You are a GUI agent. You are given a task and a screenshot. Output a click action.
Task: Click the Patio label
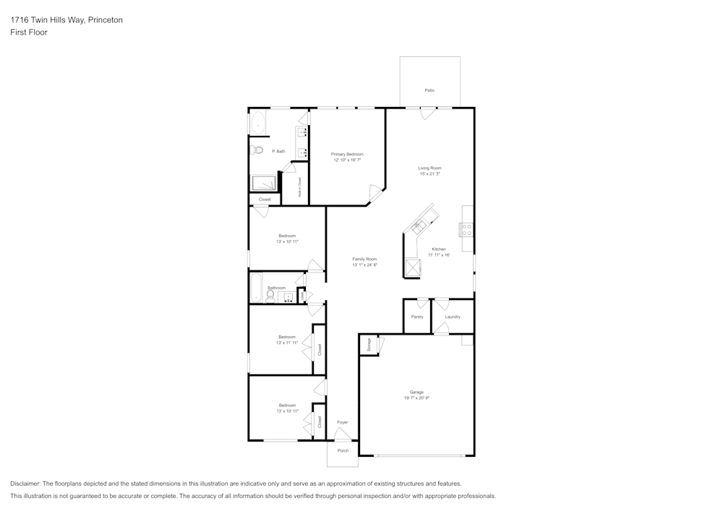(x=429, y=90)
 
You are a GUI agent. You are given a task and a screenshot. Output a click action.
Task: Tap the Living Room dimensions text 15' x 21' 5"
(x=429, y=174)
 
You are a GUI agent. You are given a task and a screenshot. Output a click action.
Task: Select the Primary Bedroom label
(x=347, y=154)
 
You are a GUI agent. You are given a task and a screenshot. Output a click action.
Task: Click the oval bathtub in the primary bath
(x=258, y=123)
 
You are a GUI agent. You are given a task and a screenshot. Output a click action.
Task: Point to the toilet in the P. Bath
(x=257, y=150)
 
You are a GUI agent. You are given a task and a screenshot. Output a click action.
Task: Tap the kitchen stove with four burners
(x=466, y=231)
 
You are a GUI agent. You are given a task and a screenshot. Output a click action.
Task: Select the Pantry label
(x=417, y=317)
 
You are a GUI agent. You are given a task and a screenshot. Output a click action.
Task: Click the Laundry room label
(x=453, y=317)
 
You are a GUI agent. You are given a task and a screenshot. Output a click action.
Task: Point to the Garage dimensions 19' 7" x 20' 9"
(x=416, y=398)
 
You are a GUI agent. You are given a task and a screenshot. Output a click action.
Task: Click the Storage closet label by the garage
(x=369, y=345)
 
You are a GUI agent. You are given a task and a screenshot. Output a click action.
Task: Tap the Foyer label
(x=343, y=422)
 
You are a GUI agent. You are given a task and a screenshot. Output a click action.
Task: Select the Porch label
(x=343, y=450)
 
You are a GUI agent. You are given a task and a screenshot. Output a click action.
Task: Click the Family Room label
(x=364, y=259)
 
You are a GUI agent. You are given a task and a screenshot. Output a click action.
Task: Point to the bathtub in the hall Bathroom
(x=255, y=288)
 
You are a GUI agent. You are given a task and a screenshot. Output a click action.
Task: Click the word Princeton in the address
(x=105, y=20)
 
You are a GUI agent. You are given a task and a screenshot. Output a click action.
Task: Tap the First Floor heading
(x=29, y=33)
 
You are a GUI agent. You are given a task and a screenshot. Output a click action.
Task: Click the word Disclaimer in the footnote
(x=25, y=484)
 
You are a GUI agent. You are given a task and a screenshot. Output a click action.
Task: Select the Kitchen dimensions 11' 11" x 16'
(x=438, y=255)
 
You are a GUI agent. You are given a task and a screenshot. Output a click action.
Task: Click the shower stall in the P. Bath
(x=264, y=183)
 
